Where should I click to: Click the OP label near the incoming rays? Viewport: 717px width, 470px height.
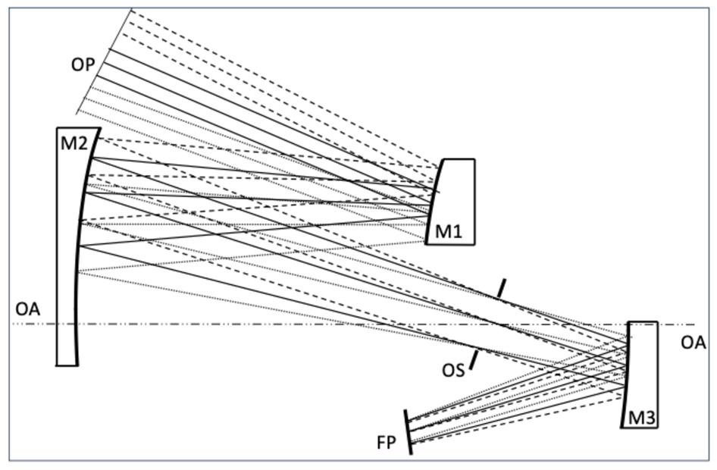[83, 65]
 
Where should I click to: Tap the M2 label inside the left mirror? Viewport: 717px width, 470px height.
[72, 142]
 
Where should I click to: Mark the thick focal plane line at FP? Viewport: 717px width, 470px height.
[409, 432]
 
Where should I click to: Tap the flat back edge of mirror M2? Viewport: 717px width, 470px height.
[58, 250]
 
